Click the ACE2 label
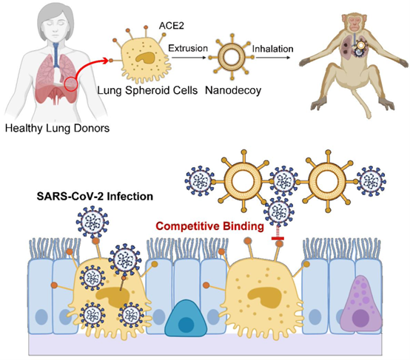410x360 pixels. pyautogui.click(x=171, y=26)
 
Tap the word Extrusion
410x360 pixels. pyautogui.click(x=188, y=48)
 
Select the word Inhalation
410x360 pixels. pyautogui.click(x=272, y=49)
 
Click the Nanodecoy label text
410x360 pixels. pyautogui.click(x=233, y=90)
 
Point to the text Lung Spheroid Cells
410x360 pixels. pyautogui.click(x=147, y=90)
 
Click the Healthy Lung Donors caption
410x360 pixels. pyautogui.click(x=57, y=129)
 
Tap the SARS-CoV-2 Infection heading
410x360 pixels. pyautogui.click(x=95, y=196)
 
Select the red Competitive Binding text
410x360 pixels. pyautogui.click(x=209, y=226)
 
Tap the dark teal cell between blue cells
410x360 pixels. pyautogui.click(x=186, y=318)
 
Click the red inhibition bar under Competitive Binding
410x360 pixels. pyautogui.click(x=278, y=238)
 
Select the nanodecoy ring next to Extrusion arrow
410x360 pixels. pyautogui.click(x=232, y=57)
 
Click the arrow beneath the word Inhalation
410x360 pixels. pyautogui.click(x=273, y=57)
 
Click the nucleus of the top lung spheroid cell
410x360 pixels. pyautogui.click(x=145, y=58)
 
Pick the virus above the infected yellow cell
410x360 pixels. pyautogui.click(x=93, y=222)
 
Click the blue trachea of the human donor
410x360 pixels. pyautogui.click(x=56, y=55)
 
